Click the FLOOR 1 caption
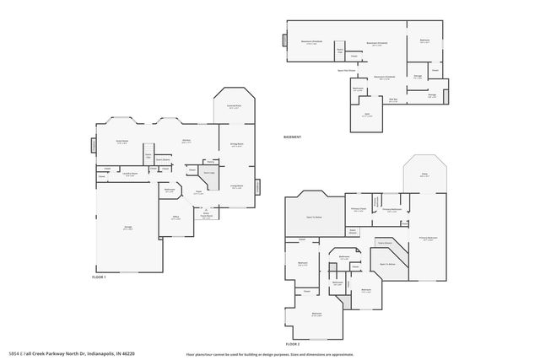click(x=100, y=277)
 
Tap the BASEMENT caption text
click(x=292, y=137)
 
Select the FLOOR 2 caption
click(x=292, y=344)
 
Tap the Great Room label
click(x=121, y=142)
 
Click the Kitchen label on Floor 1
click(x=186, y=142)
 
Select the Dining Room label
click(x=237, y=145)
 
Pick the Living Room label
click(x=237, y=185)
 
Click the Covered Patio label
click(x=234, y=107)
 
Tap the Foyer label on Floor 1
click(x=199, y=193)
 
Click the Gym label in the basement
click(x=366, y=116)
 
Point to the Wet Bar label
click(x=393, y=99)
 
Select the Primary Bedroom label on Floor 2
click(x=429, y=239)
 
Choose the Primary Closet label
click(x=358, y=210)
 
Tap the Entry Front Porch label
click(x=205, y=215)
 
